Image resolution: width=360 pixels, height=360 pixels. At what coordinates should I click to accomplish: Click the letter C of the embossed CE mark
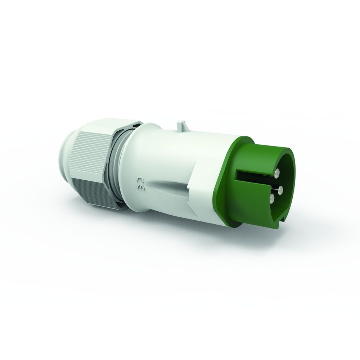pyautogui.click(x=139, y=180)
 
